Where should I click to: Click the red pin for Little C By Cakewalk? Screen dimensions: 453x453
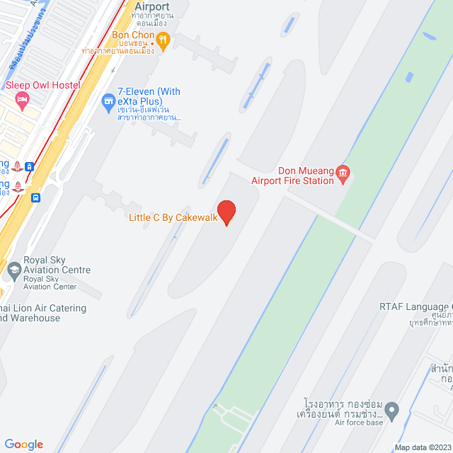[226, 212]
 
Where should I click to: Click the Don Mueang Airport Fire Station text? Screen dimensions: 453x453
[293, 176]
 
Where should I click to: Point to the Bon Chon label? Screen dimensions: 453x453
[133, 35]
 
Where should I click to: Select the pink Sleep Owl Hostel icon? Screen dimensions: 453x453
[21, 100]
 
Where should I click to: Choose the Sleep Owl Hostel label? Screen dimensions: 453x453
[43, 86]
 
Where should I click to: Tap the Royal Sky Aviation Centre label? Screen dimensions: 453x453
[57, 265]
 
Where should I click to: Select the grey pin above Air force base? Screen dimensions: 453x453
[394, 410]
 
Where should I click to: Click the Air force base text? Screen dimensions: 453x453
[360, 423]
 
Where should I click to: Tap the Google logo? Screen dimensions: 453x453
[23, 445]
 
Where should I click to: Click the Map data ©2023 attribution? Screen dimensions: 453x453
[422, 447]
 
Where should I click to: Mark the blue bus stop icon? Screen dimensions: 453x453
[35, 198]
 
